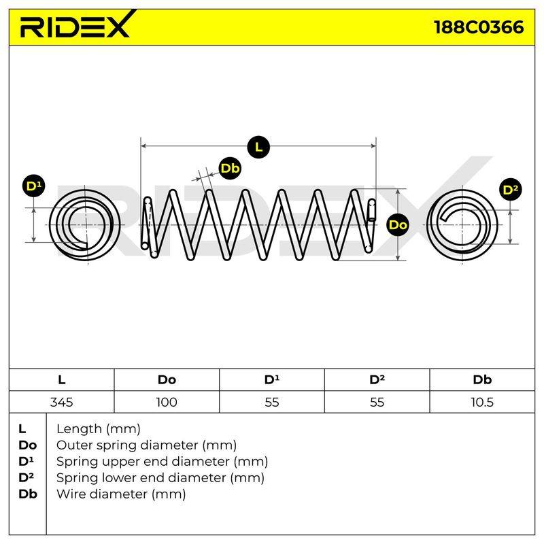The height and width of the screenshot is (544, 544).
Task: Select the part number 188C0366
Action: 479,27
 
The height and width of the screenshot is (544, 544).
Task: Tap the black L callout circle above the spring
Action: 258,147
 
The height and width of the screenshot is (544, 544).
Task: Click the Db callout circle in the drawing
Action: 230,169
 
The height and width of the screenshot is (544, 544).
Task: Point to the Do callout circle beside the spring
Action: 398,225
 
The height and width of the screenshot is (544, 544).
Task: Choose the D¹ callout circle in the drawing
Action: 33,186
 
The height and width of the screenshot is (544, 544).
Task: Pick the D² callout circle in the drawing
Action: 511,190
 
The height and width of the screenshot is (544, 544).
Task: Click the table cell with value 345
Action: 61,402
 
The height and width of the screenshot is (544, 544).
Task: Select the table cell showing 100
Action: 167,402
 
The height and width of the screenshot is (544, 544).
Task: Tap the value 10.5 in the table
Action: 482,402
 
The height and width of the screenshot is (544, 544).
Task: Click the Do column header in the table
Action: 167,379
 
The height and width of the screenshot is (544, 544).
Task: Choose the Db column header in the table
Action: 482,379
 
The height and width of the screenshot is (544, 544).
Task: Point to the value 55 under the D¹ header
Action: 271,402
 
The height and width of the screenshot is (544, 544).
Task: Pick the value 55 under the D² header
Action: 377,402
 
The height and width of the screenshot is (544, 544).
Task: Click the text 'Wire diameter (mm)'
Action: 121,494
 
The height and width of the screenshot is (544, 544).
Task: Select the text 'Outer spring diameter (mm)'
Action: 146,445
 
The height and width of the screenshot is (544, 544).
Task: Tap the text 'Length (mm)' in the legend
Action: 99,429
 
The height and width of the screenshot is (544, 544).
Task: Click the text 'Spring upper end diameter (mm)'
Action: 162,462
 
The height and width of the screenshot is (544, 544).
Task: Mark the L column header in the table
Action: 61,379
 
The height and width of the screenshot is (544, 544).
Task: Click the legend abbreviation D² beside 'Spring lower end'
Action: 27,477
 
